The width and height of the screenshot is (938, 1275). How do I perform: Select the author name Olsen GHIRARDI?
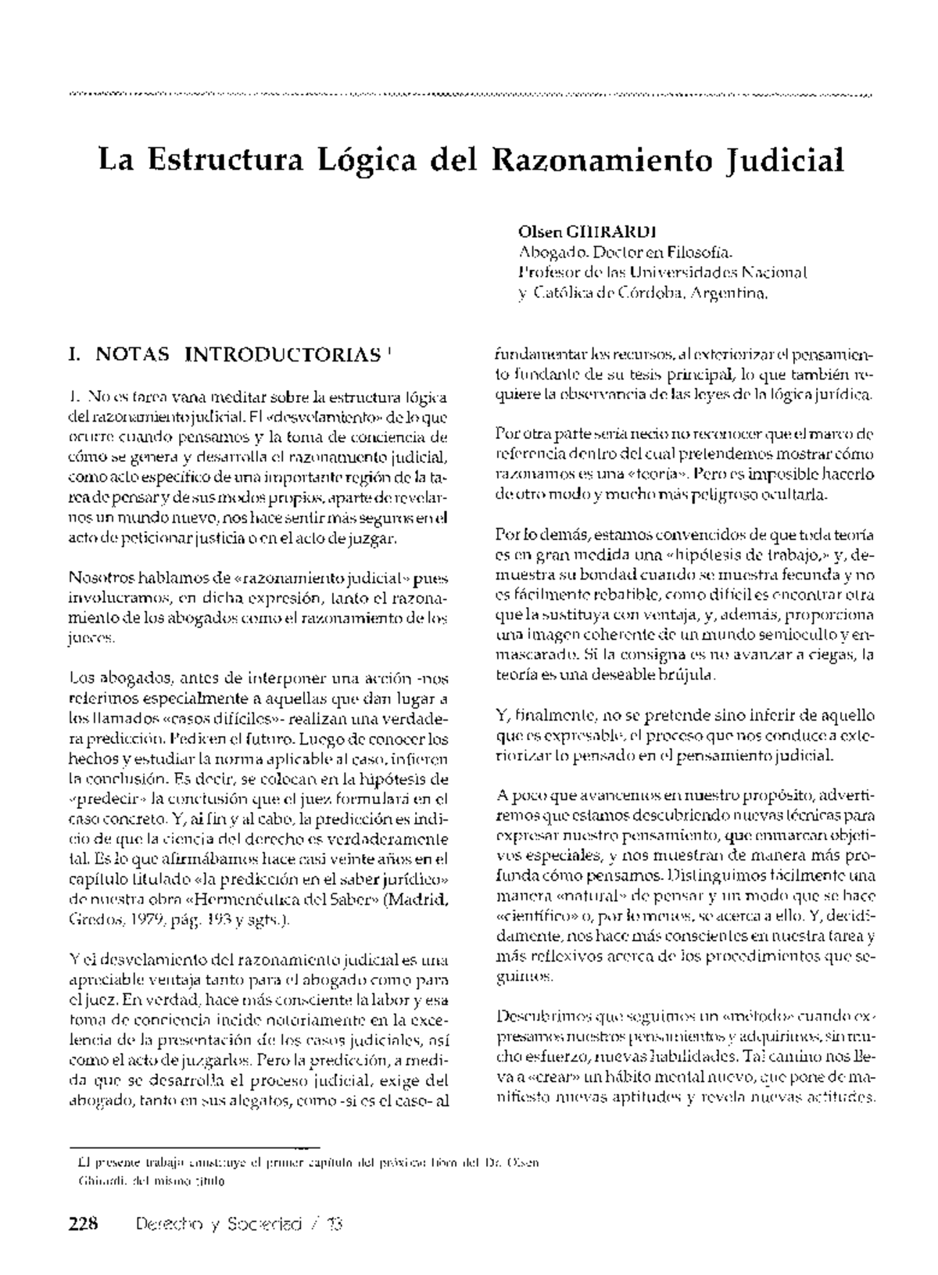[x=586, y=233]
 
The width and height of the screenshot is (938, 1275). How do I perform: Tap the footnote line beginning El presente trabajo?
[x=304, y=1162]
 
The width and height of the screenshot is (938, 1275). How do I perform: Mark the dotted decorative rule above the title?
[x=469, y=95]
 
